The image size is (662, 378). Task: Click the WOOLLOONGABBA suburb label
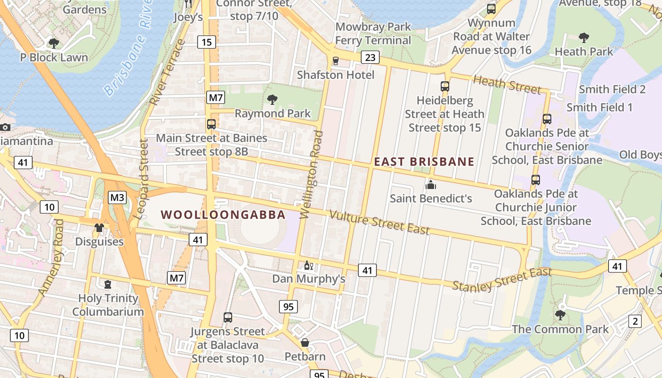[x=223, y=215]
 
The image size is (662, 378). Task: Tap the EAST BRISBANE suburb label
[x=424, y=162]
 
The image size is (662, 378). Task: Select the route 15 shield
[x=206, y=42]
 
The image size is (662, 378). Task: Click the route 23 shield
[x=370, y=58]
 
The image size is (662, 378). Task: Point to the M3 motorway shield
[x=117, y=198]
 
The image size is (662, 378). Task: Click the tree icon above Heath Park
[x=584, y=38]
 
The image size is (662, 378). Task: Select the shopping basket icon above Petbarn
[x=305, y=342]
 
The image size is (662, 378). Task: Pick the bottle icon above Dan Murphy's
[x=308, y=266]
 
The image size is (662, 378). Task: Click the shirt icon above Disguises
[x=99, y=228]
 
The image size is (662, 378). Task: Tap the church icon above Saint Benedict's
[x=431, y=185]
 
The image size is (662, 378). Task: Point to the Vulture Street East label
[x=379, y=222]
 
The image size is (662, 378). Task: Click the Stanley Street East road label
[x=502, y=279]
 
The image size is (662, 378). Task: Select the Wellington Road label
[x=312, y=175]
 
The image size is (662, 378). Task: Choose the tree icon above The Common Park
[x=560, y=315]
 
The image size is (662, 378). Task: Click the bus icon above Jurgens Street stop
[x=228, y=318]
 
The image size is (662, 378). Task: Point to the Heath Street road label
[x=506, y=84]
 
